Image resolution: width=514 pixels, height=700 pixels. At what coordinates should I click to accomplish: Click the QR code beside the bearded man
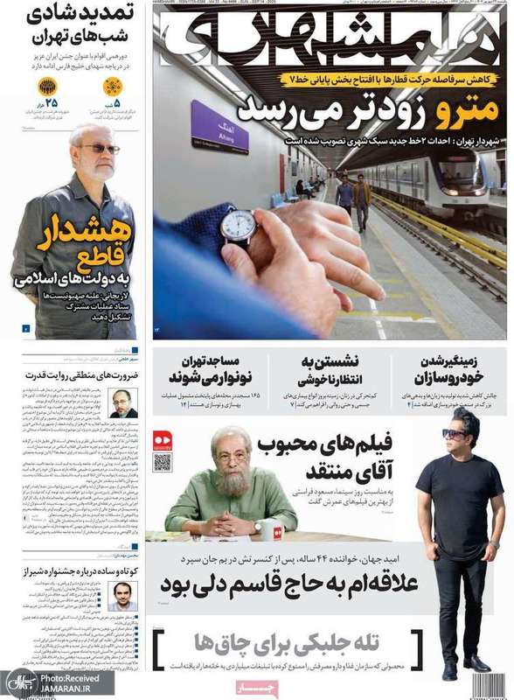click(163, 462)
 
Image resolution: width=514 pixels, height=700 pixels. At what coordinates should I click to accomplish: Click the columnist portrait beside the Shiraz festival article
click(123, 596)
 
